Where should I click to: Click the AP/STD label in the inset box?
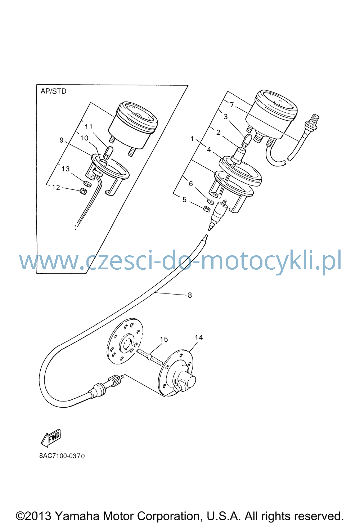point(53,91)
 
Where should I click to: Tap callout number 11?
point(89,127)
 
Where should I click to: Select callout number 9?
point(62,140)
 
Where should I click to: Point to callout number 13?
point(66,169)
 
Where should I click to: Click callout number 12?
point(56,188)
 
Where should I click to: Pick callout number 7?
point(232,105)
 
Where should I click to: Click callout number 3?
point(226,116)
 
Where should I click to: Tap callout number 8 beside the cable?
point(190,295)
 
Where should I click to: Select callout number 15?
point(164,339)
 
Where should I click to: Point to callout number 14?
point(199,337)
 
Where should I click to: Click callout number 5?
point(184,199)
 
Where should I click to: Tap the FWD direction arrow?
point(51,438)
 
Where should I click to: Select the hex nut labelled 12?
point(83,191)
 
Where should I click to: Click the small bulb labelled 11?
point(108,153)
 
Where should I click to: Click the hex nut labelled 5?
point(207,209)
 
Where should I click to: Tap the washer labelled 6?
point(211,201)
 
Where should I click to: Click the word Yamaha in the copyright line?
point(77,516)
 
